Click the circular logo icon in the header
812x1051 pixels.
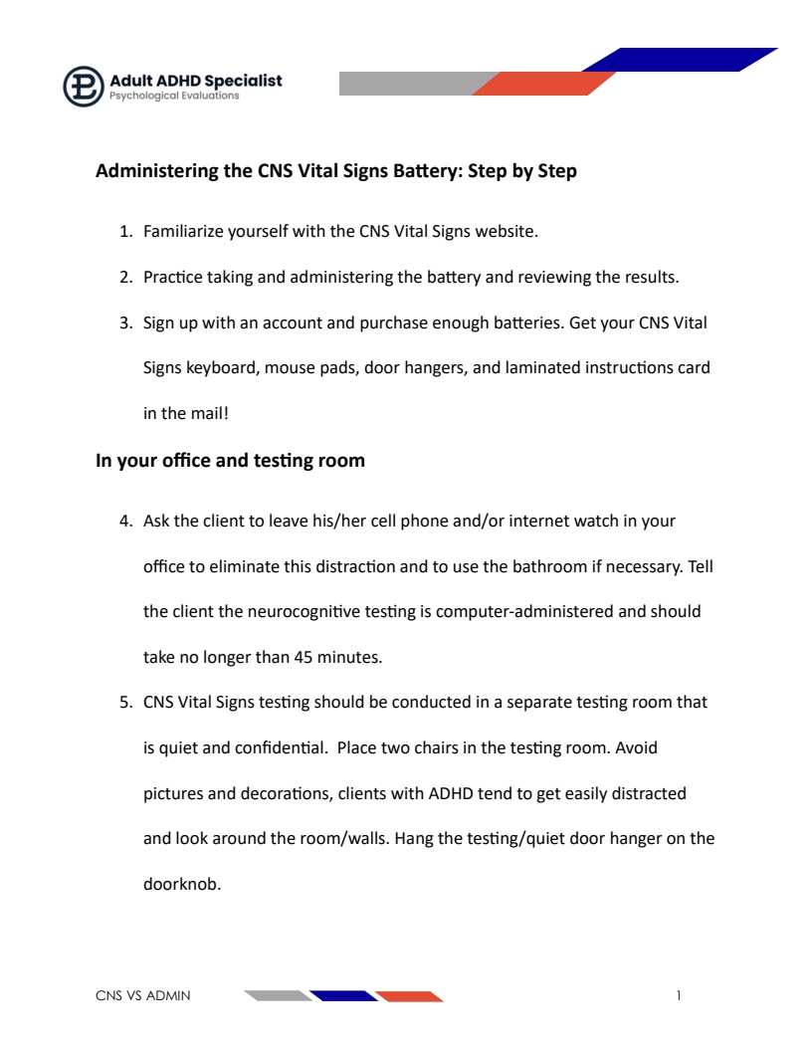[x=84, y=87]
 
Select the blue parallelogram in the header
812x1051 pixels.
[x=679, y=60]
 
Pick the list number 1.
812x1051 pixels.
[x=125, y=232]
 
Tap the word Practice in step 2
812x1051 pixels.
[x=173, y=277]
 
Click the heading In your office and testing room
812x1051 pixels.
[x=230, y=461]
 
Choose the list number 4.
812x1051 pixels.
[x=125, y=521]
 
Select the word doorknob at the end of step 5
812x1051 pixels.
[x=182, y=883]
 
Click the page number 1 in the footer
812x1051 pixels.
[x=678, y=995]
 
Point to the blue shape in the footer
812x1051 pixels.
[x=343, y=995]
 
